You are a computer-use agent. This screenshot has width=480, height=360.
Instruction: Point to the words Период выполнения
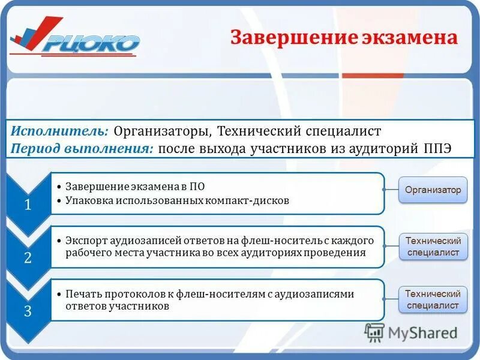point(82,148)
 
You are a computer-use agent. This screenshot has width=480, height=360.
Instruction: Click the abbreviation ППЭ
point(437,148)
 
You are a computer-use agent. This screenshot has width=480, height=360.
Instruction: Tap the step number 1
point(28,205)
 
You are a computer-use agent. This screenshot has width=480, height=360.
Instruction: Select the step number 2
point(28,257)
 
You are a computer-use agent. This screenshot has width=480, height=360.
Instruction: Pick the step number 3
point(28,310)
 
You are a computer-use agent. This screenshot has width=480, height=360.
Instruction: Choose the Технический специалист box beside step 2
point(433,246)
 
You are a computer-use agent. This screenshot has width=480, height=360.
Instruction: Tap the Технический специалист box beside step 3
point(433,299)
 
